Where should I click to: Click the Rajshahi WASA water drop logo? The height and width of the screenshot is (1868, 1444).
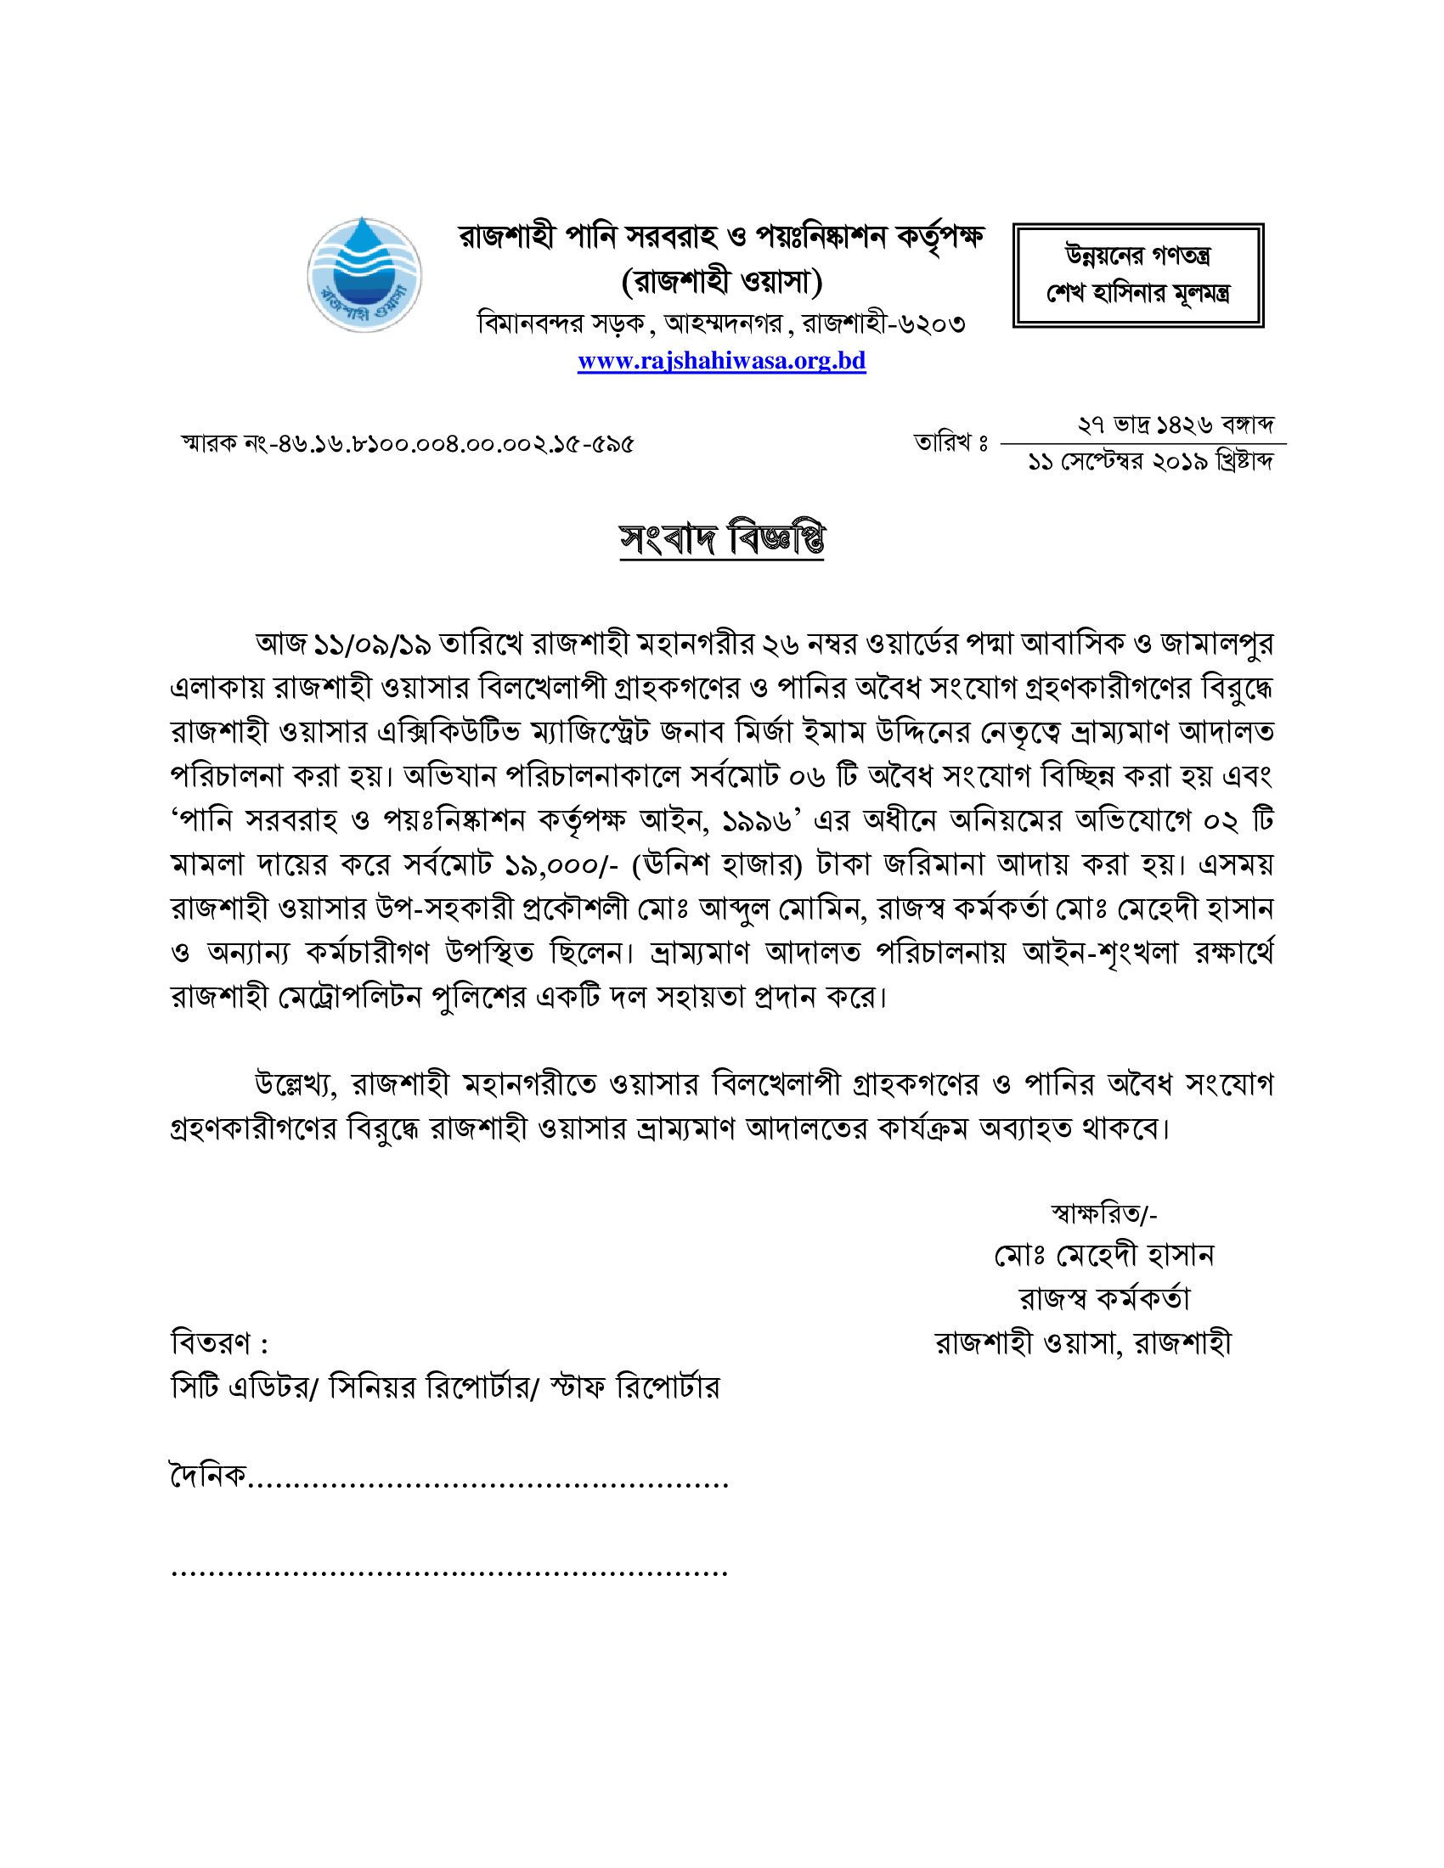(x=364, y=274)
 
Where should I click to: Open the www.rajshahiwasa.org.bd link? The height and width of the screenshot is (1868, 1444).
(x=721, y=361)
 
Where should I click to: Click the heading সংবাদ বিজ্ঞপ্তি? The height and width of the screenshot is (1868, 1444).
(x=721, y=539)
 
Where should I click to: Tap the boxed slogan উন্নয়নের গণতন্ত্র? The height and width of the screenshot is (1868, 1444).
(x=1137, y=256)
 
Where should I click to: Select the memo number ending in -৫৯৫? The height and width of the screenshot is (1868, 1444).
(x=407, y=444)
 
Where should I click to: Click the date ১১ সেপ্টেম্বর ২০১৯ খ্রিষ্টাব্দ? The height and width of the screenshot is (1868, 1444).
(x=1151, y=463)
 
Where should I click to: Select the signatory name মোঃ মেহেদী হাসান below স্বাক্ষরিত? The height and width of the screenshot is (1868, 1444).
(x=1103, y=1255)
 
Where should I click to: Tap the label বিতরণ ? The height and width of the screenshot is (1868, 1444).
(x=220, y=1344)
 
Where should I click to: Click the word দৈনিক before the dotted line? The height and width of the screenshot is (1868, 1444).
(x=209, y=1476)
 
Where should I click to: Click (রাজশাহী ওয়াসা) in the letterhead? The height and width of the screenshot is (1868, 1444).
(x=721, y=281)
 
